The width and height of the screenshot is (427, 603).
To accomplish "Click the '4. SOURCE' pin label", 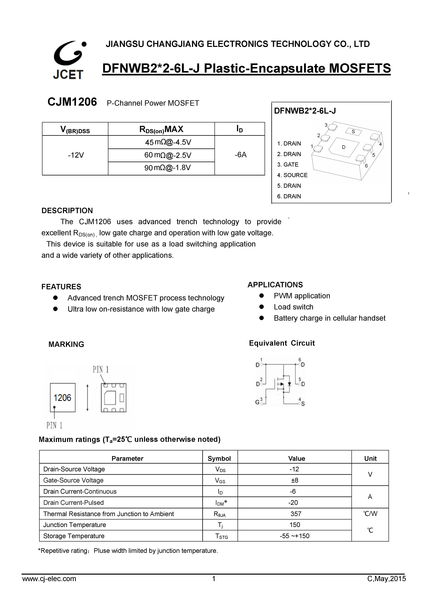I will pos(292,175).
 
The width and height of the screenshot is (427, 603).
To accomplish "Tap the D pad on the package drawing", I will pos(344,147).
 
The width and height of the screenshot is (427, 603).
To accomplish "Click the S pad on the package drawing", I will pos(353,131).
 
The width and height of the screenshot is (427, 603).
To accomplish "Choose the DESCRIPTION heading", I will pos(67,211).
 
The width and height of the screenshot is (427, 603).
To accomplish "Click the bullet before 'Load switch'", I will pos(261,307).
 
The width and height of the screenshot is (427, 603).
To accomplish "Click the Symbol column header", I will pos(219,459).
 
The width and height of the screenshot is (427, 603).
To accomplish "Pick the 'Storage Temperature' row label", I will pos(74,536).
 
